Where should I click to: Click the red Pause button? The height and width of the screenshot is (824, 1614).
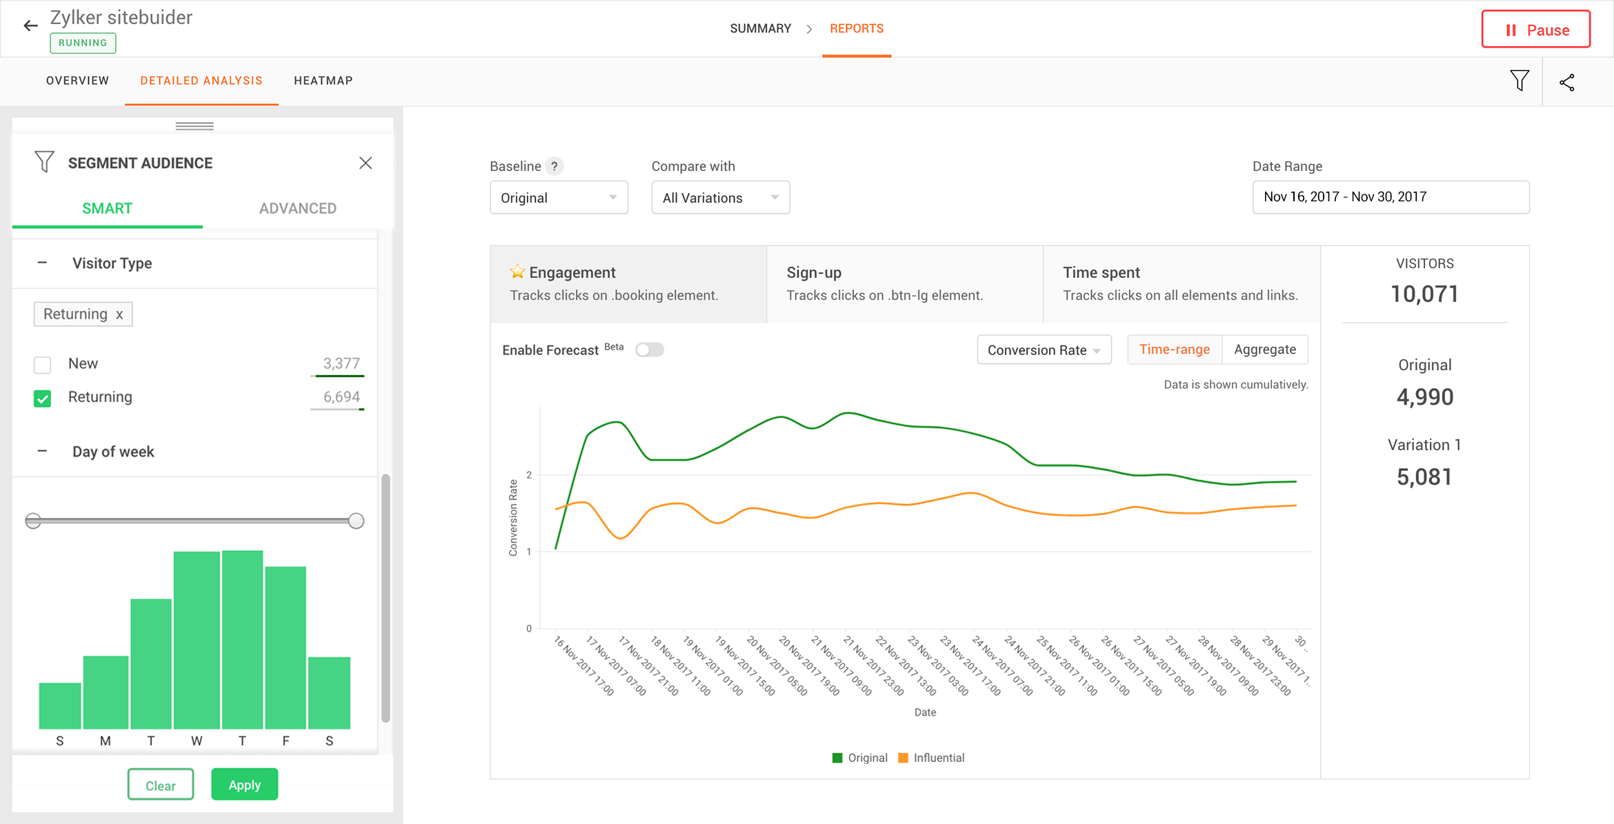click(1535, 30)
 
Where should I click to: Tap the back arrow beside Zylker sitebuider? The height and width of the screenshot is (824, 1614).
click(30, 26)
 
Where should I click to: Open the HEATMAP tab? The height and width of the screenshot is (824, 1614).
click(323, 81)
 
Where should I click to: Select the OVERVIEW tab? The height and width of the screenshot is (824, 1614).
click(77, 81)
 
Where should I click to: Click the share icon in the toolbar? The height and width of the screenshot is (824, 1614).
click(1566, 83)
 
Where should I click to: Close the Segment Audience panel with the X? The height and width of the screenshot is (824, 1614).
click(366, 163)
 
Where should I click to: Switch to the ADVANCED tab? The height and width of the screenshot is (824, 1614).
click(297, 208)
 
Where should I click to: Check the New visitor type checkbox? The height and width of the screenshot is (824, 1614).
click(43, 364)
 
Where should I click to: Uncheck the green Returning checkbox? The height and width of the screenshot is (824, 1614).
click(43, 399)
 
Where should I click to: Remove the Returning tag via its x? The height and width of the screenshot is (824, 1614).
click(119, 314)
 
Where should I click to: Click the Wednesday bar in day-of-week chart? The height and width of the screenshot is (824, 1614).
click(197, 639)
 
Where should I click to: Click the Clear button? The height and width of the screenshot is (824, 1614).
click(160, 785)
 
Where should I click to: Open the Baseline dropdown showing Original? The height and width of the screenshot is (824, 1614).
click(558, 198)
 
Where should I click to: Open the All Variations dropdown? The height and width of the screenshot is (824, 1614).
click(719, 198)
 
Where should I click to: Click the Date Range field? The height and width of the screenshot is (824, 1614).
click(1390, 197)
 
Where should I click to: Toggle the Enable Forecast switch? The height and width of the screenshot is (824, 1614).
click(649, 350)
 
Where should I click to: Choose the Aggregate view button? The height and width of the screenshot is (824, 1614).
click(1264, 350)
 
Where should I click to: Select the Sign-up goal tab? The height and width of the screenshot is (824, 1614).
click(904, 283)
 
